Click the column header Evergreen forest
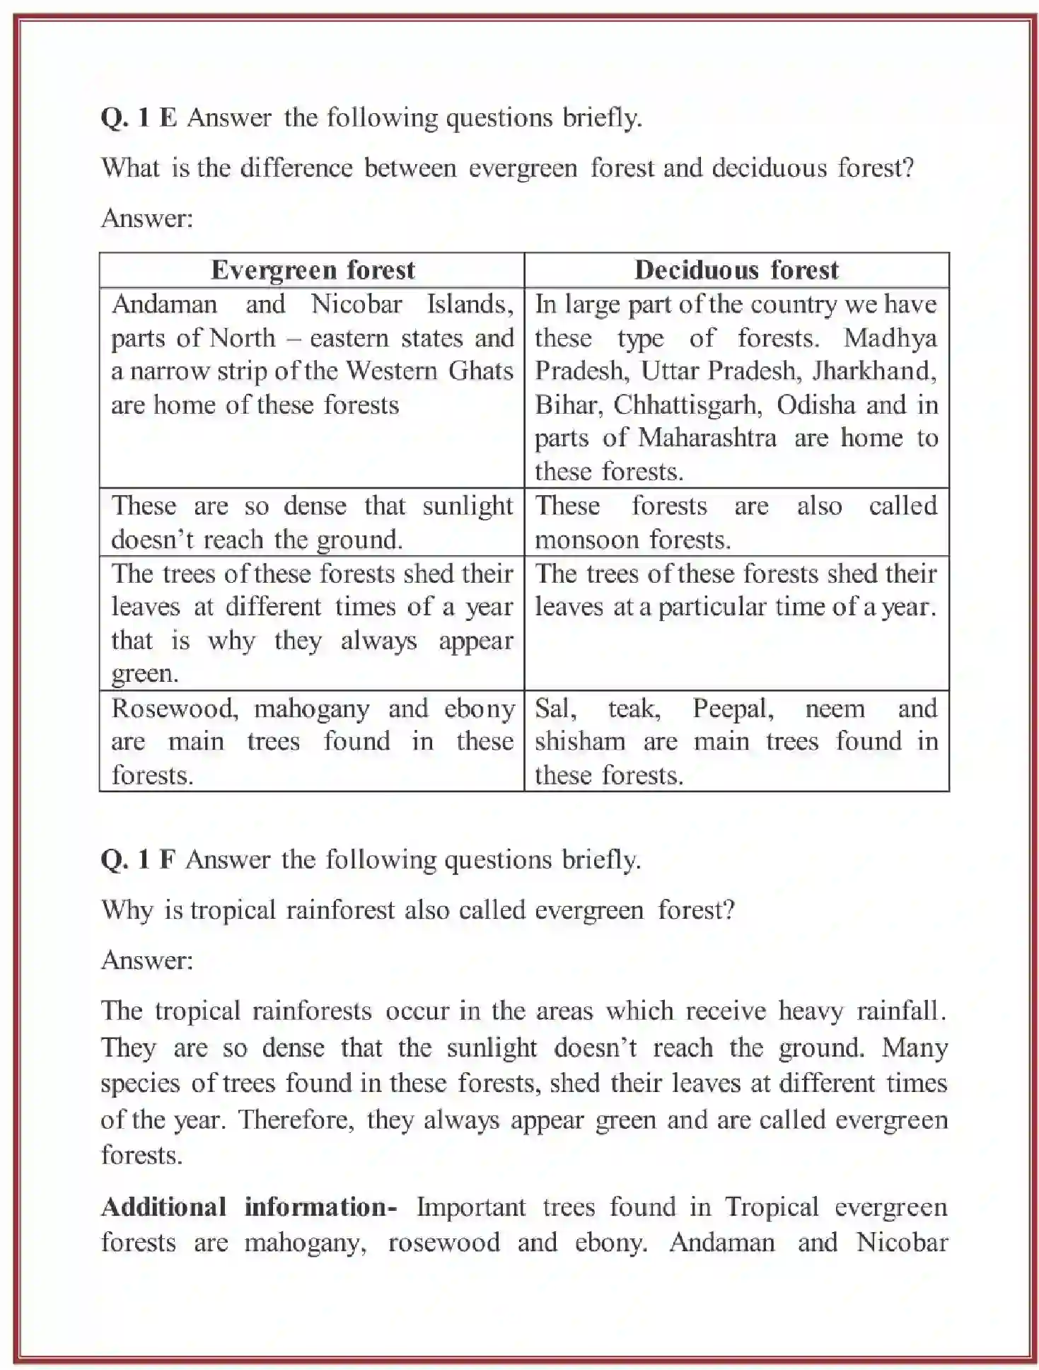[x=313, y=270]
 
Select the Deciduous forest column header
[x=736, y=270]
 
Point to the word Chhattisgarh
[x=687, y=405]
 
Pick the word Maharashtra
[x=707, y=438]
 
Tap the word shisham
[x=580, y=741]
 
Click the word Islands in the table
[x=470, y=304]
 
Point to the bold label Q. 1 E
[x=139, y=117]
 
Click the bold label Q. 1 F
[x=138, y=859]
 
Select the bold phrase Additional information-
[x=249, y=1207]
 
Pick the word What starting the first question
[x=130, y=168]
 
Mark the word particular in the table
[x=711, y=607]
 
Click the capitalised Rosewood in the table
[x=174, y=708]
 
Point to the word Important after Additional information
[x=470, y=1207]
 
